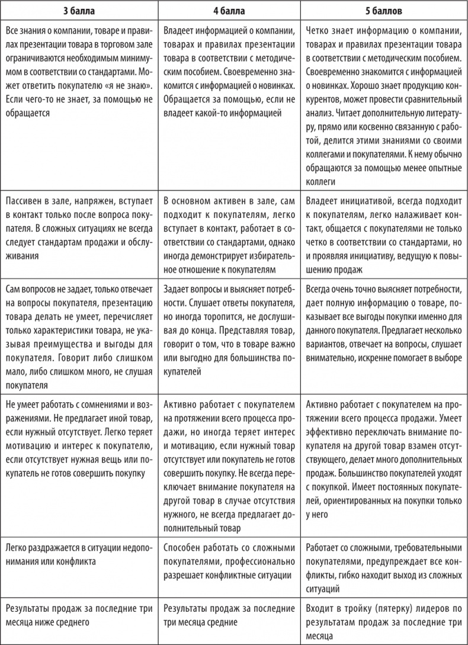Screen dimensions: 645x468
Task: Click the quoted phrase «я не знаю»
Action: tap(130, 86)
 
